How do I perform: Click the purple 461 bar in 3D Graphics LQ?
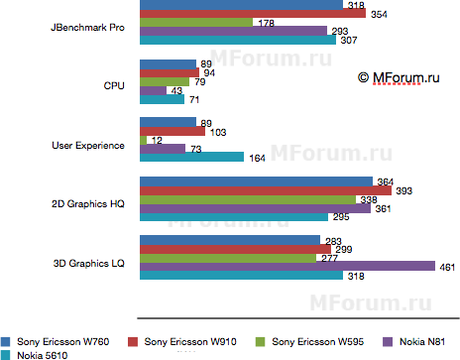(x=287, y=266)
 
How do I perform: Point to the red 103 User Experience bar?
(x=172, y=131)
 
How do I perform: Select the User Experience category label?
(x=87, y=145)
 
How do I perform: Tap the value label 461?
(x=448, y=266)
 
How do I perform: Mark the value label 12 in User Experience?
(x=157, y=140)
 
